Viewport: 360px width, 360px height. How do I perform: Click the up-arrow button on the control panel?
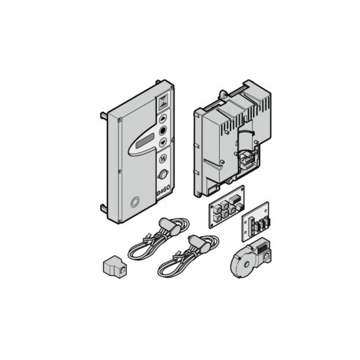[x=163, y=119]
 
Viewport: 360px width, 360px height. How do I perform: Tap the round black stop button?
[x=163, y=131]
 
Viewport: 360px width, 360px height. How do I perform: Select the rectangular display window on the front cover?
[x=145, y=141]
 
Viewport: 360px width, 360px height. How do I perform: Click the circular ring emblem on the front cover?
[x=135, y=202]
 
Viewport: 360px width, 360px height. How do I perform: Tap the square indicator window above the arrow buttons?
[x=163, y=102]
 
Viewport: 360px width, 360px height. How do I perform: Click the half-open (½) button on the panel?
[x=163, y=159]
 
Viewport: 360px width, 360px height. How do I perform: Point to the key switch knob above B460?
[x=163, y=174]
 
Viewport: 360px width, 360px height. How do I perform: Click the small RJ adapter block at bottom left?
[x=115, y=266]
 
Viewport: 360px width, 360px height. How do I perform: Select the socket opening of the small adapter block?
[x=123, y=270]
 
